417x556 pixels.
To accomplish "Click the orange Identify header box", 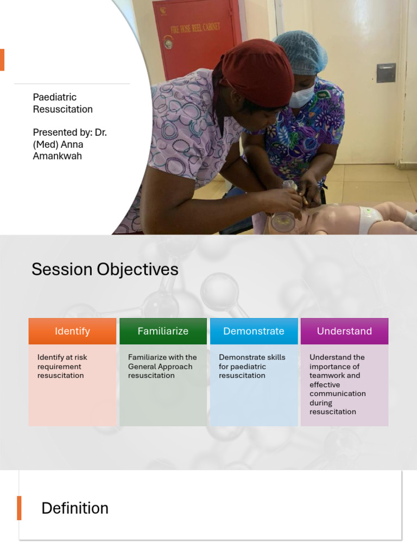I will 72,331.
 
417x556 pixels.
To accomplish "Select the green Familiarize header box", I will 163,331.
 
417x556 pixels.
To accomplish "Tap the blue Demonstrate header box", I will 254,331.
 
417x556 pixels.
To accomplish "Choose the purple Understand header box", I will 344,331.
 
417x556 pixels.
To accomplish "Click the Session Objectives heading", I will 105,269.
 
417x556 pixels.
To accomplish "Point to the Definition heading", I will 75,508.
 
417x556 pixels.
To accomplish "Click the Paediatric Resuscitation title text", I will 62,103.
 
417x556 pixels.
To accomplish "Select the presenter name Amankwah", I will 58,156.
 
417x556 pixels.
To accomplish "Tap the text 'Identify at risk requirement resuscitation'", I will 62,367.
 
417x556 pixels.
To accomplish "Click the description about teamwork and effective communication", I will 337,384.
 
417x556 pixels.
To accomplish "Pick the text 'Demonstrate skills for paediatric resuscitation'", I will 252,367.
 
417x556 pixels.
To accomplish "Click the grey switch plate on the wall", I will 386,73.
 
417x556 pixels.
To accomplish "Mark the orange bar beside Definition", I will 19,508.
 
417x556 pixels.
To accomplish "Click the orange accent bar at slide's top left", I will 2,60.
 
